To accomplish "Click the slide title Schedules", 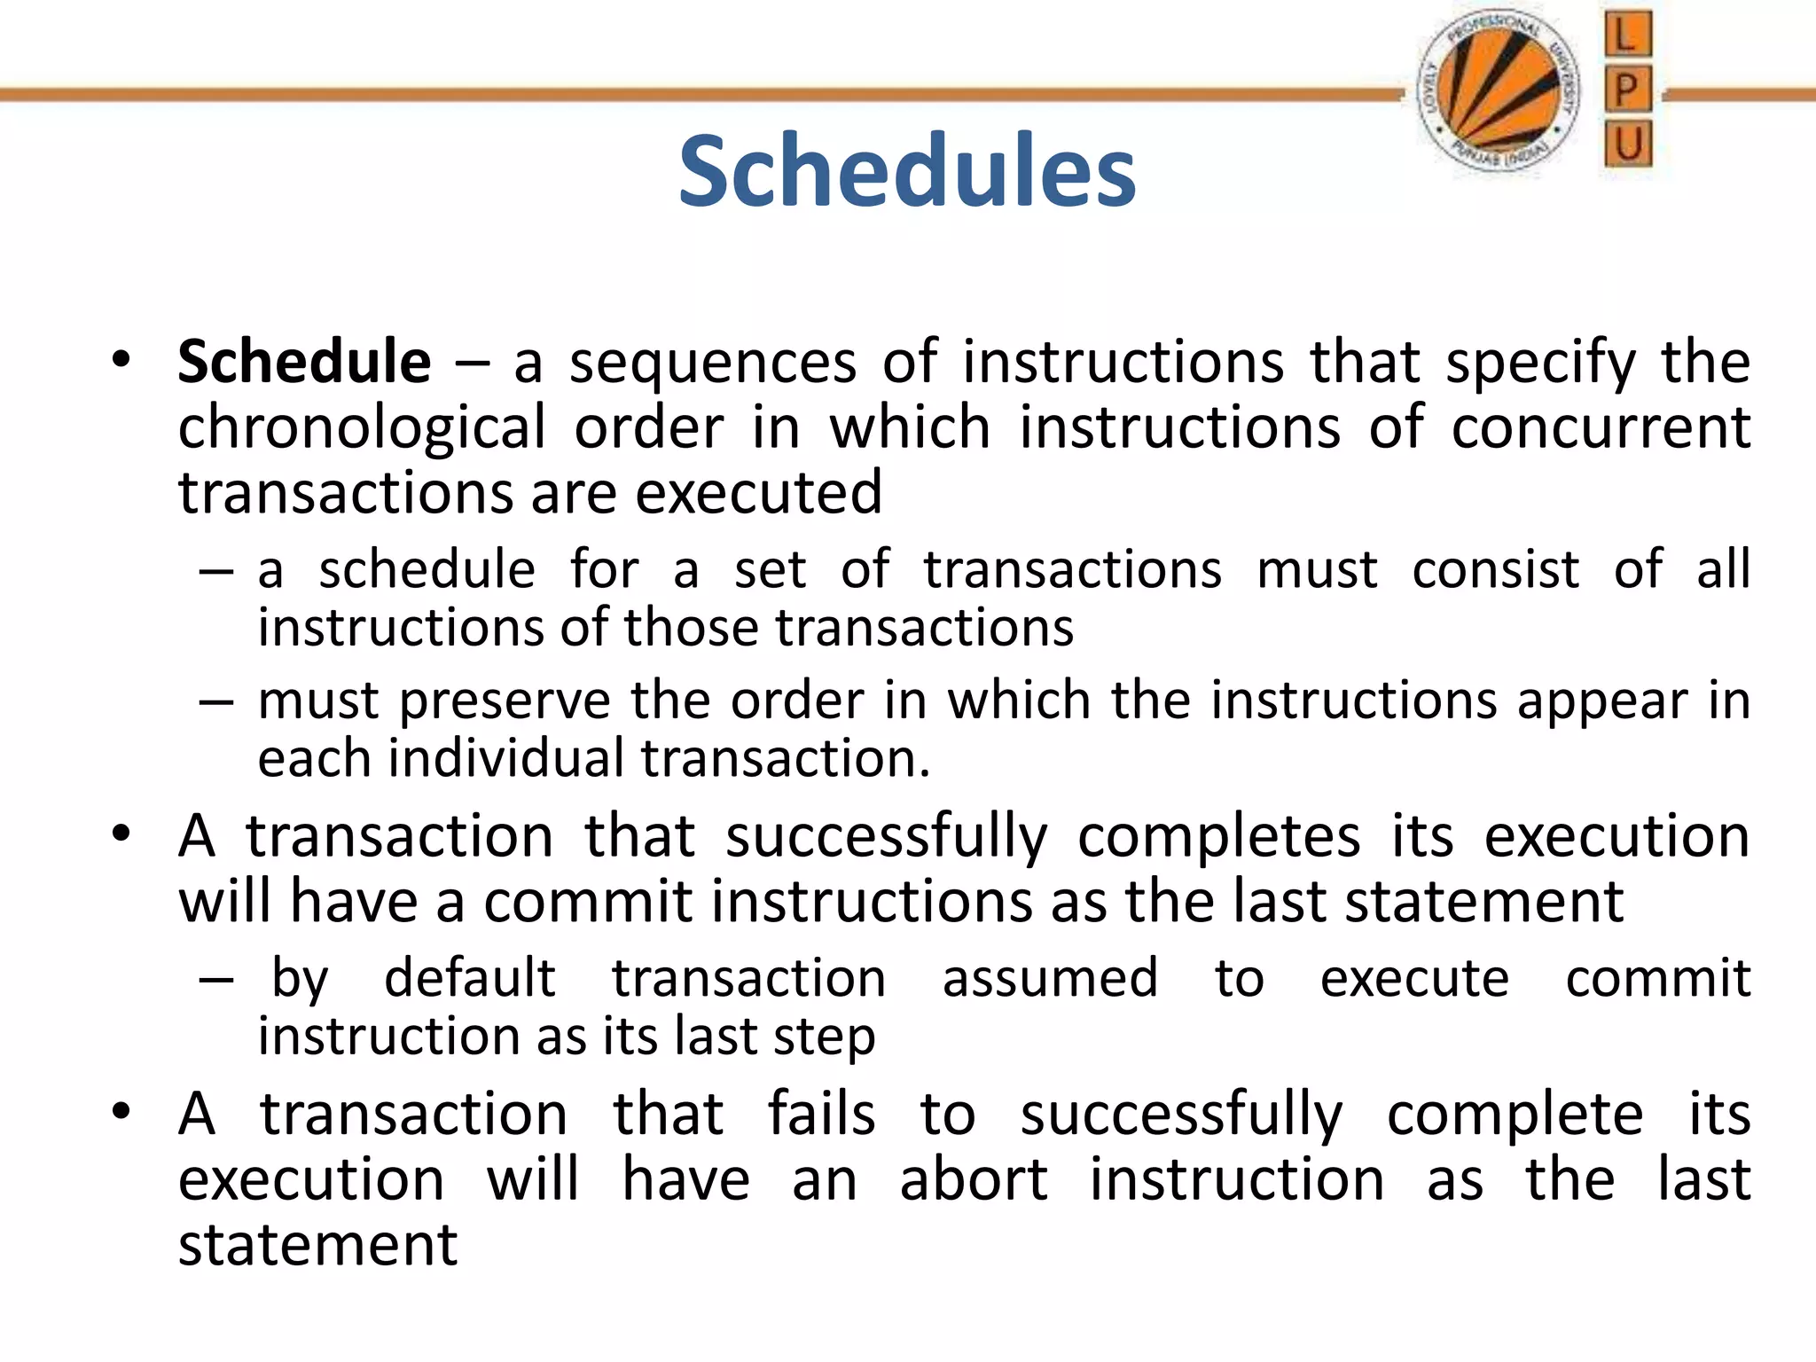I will click(x=906, y=171).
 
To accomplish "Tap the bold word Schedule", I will click(x=304, y=362).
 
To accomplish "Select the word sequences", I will click(x=713, y=362).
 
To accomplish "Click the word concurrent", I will click(x=1601, y=427).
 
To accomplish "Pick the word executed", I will click(x=759, y=493).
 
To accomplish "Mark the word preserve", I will click(x=505, y=701).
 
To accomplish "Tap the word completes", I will click(x=1218, y=837).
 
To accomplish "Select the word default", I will click(x=470, y=978).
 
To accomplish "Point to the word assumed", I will click(x=1050, y=978).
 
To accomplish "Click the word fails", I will click(x=821, y=1114).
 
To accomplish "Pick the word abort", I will click(x=974, y=1179).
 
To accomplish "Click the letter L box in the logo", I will click(x=1627, y=35).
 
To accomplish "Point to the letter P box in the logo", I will click(x=1627, y=89).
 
